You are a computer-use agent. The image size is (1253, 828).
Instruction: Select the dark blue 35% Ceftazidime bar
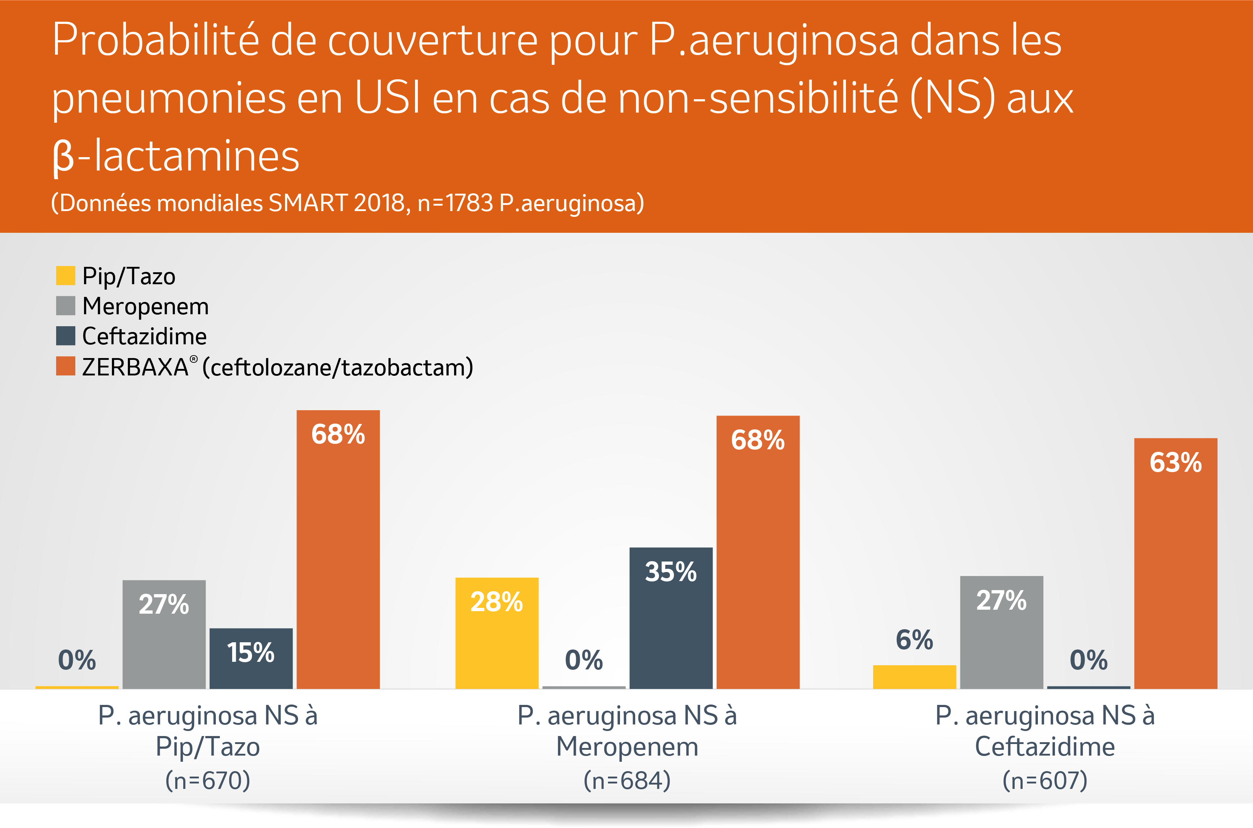tap(671, 618)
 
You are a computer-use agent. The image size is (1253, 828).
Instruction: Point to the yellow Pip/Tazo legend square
tap(66, 276)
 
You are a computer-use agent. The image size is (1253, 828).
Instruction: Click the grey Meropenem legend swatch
tap(66, 306)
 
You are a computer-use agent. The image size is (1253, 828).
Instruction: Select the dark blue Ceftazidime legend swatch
tap(66, 336)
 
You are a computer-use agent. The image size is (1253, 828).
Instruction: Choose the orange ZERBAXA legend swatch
tap(66, 366)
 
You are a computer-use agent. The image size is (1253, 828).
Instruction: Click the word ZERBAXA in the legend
tap(135, 367)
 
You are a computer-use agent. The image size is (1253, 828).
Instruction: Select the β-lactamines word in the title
tap(175, 156)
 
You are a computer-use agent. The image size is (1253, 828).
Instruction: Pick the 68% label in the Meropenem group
tap(758, 440)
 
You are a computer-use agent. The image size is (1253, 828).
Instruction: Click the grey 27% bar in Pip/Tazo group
tap(164, 634)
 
